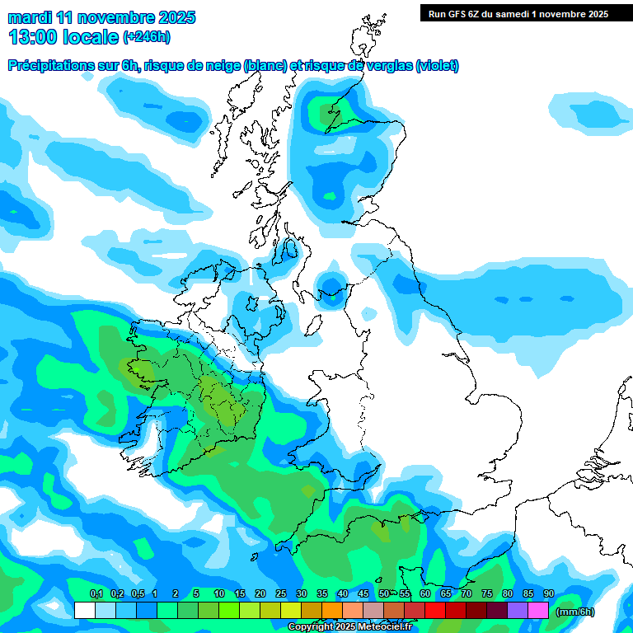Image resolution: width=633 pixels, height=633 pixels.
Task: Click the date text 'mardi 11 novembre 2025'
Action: (101, 17)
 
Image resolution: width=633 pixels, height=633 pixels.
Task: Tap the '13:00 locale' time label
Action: (64, 37)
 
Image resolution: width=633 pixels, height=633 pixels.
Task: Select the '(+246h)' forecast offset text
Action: (147, 37)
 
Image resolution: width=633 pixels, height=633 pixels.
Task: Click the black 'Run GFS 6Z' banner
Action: (515, 13)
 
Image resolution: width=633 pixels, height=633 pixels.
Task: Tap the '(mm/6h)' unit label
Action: (574, 611)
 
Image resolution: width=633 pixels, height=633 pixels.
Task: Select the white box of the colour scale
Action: (84, 610)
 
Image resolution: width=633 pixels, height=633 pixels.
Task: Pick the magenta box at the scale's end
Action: (538, 610)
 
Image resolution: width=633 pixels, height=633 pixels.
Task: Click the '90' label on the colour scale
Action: (548, 593)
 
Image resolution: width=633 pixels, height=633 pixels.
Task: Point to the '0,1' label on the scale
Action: (96, 593)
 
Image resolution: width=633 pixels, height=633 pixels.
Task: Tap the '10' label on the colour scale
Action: (218, 593)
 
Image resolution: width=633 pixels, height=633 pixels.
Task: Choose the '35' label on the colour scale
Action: (322, 593)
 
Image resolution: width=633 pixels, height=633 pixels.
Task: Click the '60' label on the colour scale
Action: (425, 593)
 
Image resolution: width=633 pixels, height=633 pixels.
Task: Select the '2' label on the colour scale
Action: (176, 593)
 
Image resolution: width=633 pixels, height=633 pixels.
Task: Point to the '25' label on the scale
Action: (281, 593)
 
